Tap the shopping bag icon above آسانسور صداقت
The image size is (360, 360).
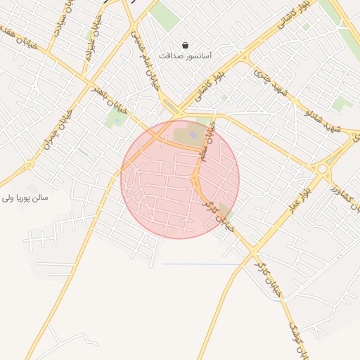(x=185, y=44)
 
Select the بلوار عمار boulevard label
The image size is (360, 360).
(x=295, y=201)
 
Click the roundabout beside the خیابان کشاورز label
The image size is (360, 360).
(x=323, y=169)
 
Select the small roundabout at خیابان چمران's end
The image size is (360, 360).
(x=30, y=166)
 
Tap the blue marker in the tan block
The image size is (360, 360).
(x=193, y=135)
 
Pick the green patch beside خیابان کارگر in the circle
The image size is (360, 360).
(x=224, y=210)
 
